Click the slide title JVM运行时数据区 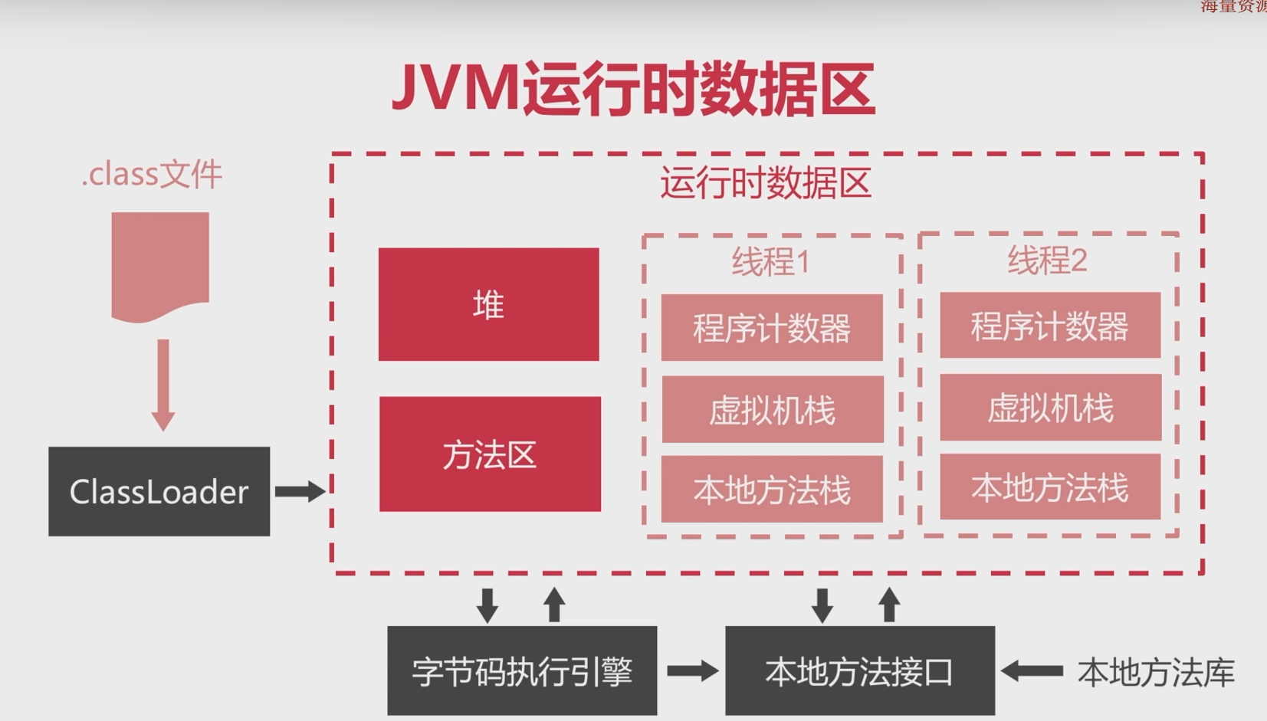pos(633,90)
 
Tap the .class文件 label pos(152,175)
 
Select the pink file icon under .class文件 pos(160,264)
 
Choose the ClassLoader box pos(159,491)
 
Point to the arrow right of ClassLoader pos(300,491)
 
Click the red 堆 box pos(488,304)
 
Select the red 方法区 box pos(490,454)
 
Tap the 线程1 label pos(770,262)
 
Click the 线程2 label pos(1047,261)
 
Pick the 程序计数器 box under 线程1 pos(772,327)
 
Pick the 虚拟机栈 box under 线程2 pos(1050,407)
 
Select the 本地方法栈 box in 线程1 pos(772,489)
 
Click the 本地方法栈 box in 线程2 pos(1050,487)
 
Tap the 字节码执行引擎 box pos(522,670)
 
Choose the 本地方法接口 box pos(859,670)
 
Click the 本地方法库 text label pos(1156,672)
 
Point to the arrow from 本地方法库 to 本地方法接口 pos(1032,671)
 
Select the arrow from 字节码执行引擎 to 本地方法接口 pos(691,671)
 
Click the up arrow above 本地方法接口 pos(889,605)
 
